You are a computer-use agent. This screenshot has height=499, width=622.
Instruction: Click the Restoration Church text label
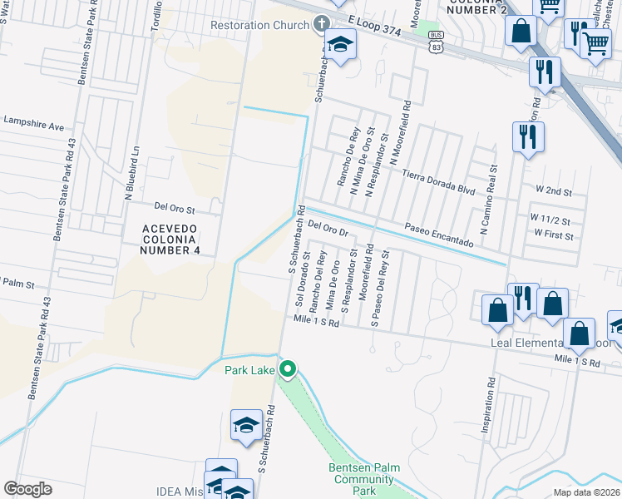(259, 25)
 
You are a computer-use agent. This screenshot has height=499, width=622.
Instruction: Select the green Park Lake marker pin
(289, 368)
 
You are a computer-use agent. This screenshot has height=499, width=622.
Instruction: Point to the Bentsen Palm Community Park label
(361, 480)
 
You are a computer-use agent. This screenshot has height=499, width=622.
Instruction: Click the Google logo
(27, 489)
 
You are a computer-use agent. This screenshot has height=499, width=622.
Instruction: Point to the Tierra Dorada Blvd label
(438, 182)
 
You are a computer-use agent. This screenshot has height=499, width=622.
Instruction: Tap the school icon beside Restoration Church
(340, 45)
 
